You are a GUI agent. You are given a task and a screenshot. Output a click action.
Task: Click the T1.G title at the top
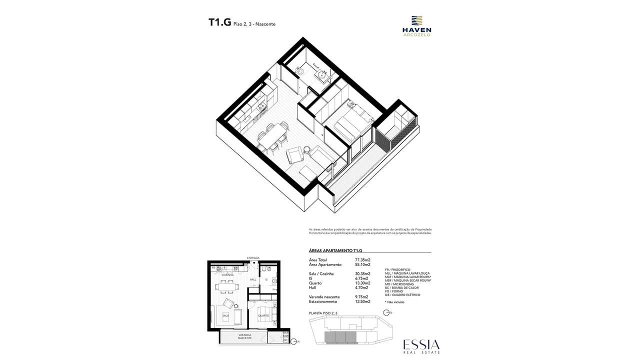pyautogui.click(x=219, y=22)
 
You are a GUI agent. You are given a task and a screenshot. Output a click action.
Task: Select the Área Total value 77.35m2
pyautogui.click(x=362, y=260)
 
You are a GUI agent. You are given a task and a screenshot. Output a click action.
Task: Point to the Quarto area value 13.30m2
pyautogui.click(x=362, y=283)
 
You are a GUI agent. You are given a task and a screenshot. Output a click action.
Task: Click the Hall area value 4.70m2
pyautogui.click(x=361, y=287)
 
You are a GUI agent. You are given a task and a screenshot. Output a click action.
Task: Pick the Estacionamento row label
pyautogui.click(x=323, y=301)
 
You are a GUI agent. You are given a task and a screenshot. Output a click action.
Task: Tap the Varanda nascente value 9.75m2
pyautogui.click(x=362, y=297)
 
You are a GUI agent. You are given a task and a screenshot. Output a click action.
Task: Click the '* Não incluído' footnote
pyautogui.click(x=395, y=302)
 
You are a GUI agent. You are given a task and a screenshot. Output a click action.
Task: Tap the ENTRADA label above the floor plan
pyautogui.click(x=253, y=258)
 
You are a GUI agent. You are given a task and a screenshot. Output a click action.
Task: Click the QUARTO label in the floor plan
pyautogui.click(x=263, y=316)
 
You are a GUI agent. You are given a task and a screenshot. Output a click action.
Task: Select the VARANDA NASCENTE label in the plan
pyautogui.click(x=245, y=336)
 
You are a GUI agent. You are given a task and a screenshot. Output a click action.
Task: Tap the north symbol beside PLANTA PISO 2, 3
pyautogui.click(x=385, y=313)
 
